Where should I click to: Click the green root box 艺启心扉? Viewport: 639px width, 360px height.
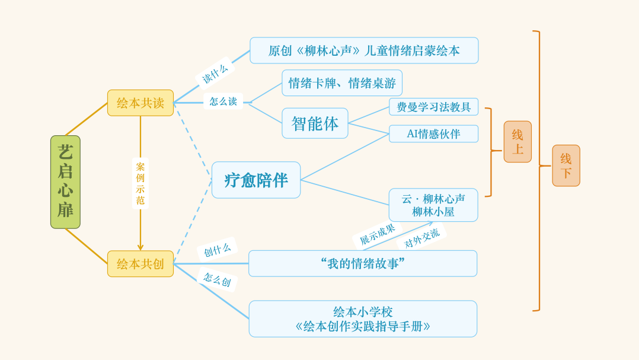[x=65, y=182]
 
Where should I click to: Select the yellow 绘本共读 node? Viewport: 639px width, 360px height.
[x=140, y=103]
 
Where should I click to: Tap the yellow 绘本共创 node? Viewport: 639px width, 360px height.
[x=140, y=263]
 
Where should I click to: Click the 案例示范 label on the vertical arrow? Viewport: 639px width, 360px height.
[x=140, y=183]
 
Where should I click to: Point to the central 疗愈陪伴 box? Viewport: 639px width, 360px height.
[x=256, y=180]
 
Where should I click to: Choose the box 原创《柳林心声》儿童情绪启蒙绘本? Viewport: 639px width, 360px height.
[x=364, y=50]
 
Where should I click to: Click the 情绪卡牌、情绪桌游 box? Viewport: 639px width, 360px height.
[x=342, y=83]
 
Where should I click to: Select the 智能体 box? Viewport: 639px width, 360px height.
[x=315, y=123]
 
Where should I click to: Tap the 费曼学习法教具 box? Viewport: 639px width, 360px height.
[x=433, y=107]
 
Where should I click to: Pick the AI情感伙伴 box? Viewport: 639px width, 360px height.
[x=433, y=133]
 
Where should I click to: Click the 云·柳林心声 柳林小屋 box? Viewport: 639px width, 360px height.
[x=433, y=205]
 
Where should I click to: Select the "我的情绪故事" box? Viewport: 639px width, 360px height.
[x=363, y=263]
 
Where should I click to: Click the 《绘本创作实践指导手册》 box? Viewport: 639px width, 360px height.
[x=363, y=319]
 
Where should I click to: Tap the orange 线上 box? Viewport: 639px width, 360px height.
[x=517, y=142]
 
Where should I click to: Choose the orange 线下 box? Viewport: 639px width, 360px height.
[x=566, y=165]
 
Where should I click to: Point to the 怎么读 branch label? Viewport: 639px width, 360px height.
[x=223, y=101]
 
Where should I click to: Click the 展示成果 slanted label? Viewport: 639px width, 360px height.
[x=377, y=234]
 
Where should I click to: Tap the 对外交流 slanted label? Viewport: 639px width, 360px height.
[x=421, y=237]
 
